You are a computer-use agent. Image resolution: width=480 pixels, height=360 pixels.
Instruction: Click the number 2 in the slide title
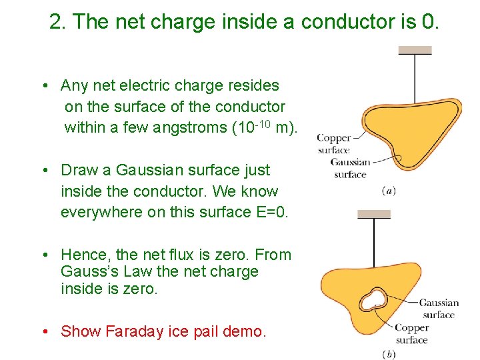[56, 22]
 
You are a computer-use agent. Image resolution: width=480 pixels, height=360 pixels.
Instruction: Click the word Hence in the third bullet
[84, 255]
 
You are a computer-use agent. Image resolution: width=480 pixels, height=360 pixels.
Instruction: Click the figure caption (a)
[389, 191]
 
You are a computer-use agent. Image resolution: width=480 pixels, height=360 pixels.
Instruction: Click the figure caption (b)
[389, 354]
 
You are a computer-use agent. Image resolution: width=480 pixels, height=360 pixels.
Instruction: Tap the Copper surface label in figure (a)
[333, 144]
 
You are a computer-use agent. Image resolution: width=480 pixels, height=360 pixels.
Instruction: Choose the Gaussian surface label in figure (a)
[350, 168]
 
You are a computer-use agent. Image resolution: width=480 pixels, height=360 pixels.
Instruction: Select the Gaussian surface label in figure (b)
[439, 309]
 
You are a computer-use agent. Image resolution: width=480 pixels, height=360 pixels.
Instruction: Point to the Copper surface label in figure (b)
[411, 333]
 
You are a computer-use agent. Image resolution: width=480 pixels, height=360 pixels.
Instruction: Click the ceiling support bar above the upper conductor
[415, 50]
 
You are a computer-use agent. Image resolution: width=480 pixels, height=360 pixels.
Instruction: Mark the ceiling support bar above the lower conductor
[374, 214]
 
